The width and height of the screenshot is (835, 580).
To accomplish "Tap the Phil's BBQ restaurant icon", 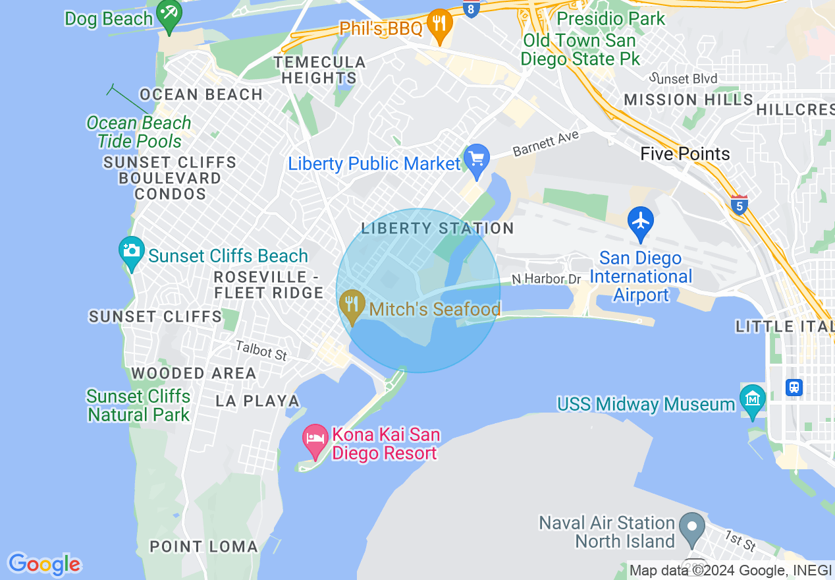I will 438,25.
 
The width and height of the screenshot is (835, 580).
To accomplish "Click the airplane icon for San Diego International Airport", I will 640,221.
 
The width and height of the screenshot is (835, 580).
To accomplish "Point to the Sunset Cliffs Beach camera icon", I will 132,251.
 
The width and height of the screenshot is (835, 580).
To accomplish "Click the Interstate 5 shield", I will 739,205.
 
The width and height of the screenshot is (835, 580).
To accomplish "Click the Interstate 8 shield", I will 470,9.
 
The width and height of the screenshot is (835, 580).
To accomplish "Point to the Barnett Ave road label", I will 545,143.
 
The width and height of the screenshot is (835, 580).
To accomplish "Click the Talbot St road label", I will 261,350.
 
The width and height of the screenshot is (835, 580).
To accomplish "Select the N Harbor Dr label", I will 546,279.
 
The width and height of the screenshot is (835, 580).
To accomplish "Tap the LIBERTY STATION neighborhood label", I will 437,229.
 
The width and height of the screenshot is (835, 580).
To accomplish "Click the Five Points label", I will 685,154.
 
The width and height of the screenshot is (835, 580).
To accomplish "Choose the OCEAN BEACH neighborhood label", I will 202,95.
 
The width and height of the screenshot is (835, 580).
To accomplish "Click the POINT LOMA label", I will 203,546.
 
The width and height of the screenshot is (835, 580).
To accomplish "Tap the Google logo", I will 44,564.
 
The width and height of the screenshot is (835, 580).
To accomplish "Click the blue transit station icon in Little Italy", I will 794,387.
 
